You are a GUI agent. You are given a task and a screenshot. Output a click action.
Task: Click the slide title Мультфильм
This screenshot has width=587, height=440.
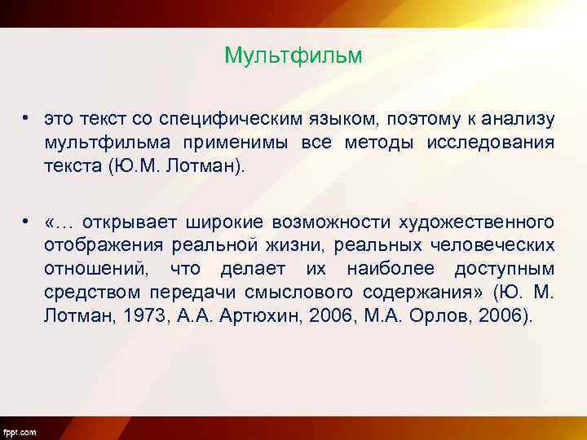293,56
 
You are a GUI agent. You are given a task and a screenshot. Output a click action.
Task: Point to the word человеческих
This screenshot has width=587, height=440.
496,245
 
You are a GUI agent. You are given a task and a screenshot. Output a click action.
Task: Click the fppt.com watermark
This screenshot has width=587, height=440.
20,431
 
